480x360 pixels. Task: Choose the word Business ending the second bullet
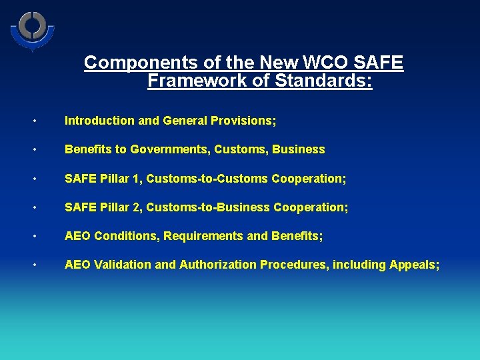pos(298,149)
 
